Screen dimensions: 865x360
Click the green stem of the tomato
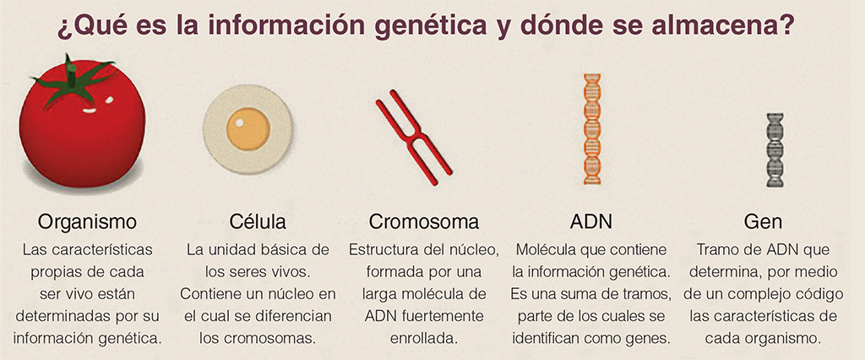point(72,80)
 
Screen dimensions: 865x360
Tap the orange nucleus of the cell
point(248,128)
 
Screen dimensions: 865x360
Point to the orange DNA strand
point(592,128)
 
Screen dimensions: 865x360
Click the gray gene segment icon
point(775,150)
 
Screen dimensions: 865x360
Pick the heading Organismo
point(87,222)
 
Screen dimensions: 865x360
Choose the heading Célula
point(258,221)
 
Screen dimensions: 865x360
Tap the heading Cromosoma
point(424,221)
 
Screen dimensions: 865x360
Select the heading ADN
point(590,221)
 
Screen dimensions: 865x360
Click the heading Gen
point(763,221)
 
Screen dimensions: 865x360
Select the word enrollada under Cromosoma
point(424,338)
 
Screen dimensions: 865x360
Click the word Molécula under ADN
point(544,249)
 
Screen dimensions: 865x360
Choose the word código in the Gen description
point(819,294)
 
